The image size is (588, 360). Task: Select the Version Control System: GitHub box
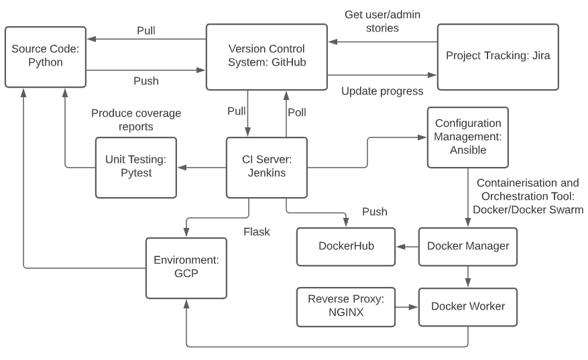click(266, 57)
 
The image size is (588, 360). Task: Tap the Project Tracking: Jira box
click(497, 56)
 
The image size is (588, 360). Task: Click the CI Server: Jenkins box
click(266, 168)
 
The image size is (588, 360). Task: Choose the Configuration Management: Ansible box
click(467, 137)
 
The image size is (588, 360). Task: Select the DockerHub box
click(345, 246)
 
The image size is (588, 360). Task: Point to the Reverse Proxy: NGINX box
click(345, 306)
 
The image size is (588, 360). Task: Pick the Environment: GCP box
click(185, 267)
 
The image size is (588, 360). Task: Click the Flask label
click(257, 231)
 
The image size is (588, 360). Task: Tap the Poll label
click(296, 113)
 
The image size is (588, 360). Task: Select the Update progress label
click(382, 91)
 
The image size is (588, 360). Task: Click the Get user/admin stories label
click(381, 21)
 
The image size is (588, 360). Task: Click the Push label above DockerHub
click(375, 211)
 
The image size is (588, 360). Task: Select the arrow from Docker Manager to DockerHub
click(406, 247)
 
